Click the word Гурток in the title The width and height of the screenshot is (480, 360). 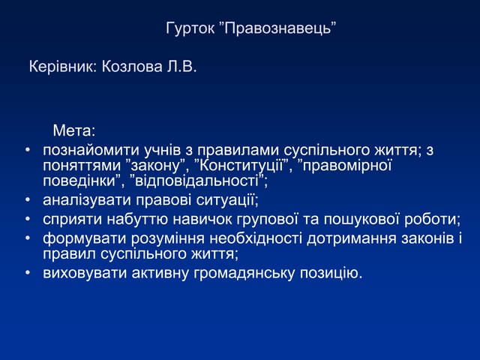188,29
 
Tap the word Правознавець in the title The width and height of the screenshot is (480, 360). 277,29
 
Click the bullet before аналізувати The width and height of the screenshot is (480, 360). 27,201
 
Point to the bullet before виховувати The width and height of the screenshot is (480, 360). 27,273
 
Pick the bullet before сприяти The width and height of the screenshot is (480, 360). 27,220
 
